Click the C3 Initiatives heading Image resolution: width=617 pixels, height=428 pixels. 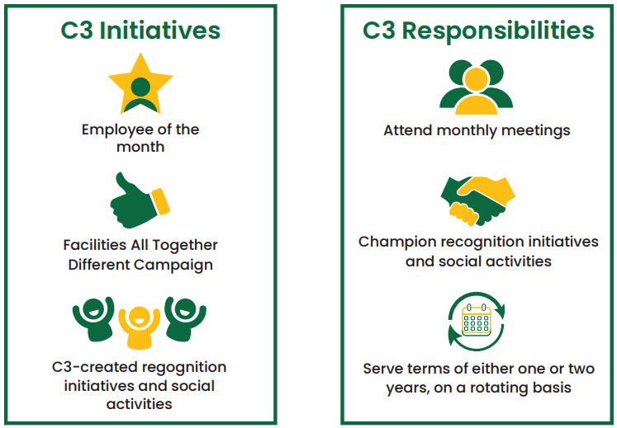point(140,31)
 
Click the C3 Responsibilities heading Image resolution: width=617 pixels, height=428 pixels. point(478,31)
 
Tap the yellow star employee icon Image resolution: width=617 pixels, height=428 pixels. point(140,83)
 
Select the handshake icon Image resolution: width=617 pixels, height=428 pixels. point(477,200)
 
